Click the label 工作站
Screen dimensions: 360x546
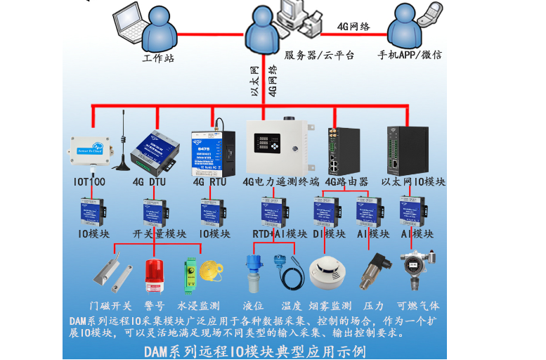click(158, 58)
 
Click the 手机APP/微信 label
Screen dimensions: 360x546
click(410, 55)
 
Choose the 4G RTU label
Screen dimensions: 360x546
click(209, 181)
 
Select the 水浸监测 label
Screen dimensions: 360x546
click(198, 306)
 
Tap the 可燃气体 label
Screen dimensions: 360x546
click(418, 306)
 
